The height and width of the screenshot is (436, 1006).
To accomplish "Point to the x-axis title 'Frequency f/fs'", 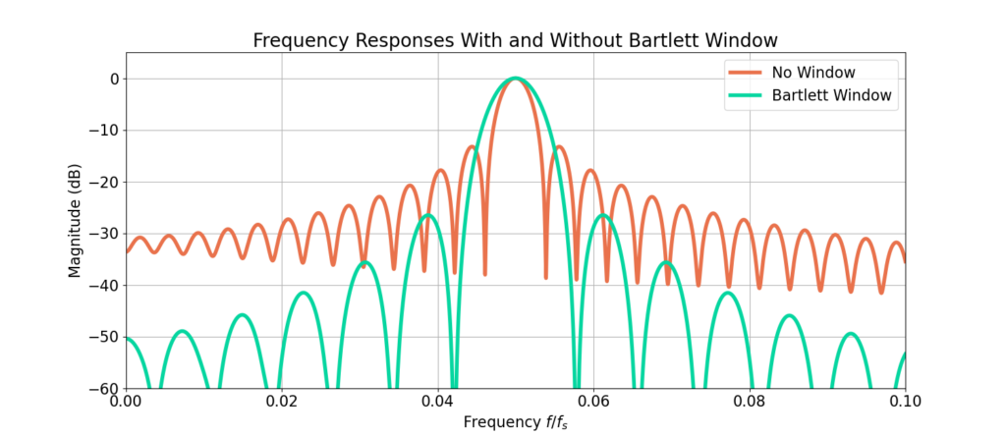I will click(x=515, y=423).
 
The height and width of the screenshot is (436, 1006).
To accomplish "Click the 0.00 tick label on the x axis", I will click(x=126, y=403).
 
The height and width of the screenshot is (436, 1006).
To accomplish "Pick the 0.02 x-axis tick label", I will click(x=282, y=403).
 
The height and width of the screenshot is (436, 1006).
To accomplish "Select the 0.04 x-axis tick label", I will click(x=437, y=403).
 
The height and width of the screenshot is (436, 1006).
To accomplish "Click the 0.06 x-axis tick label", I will click(x=593, y=403).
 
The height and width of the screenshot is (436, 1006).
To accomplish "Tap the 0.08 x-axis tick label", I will click(x=750, y=403).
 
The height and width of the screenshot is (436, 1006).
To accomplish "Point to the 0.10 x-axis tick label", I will click(x=905, y=403).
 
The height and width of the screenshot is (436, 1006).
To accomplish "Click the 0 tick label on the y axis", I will click(x=112, y=79).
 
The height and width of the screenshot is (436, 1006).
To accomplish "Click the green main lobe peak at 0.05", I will click(x=516, y=79).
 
